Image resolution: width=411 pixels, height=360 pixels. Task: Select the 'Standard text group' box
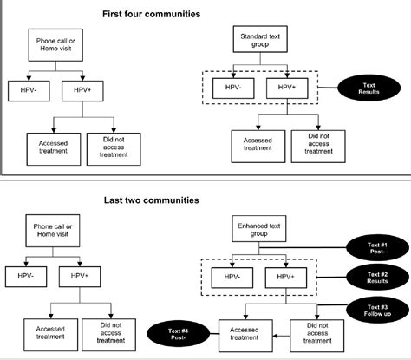pos(258,40)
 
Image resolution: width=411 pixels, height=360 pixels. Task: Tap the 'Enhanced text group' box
pos(258,232)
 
